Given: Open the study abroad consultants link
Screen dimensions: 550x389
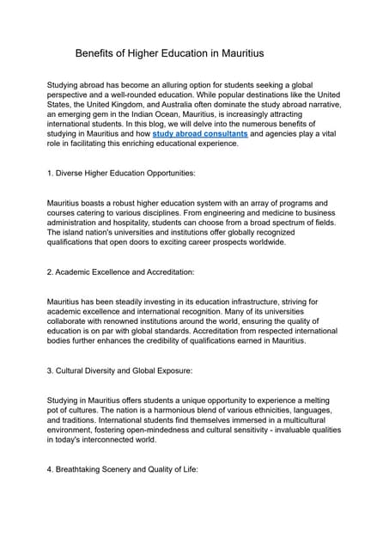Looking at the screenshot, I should point(199,133).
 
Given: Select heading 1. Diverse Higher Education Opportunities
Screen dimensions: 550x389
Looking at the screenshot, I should point(121,173).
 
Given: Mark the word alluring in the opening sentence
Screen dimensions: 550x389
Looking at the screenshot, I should point(179,84).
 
